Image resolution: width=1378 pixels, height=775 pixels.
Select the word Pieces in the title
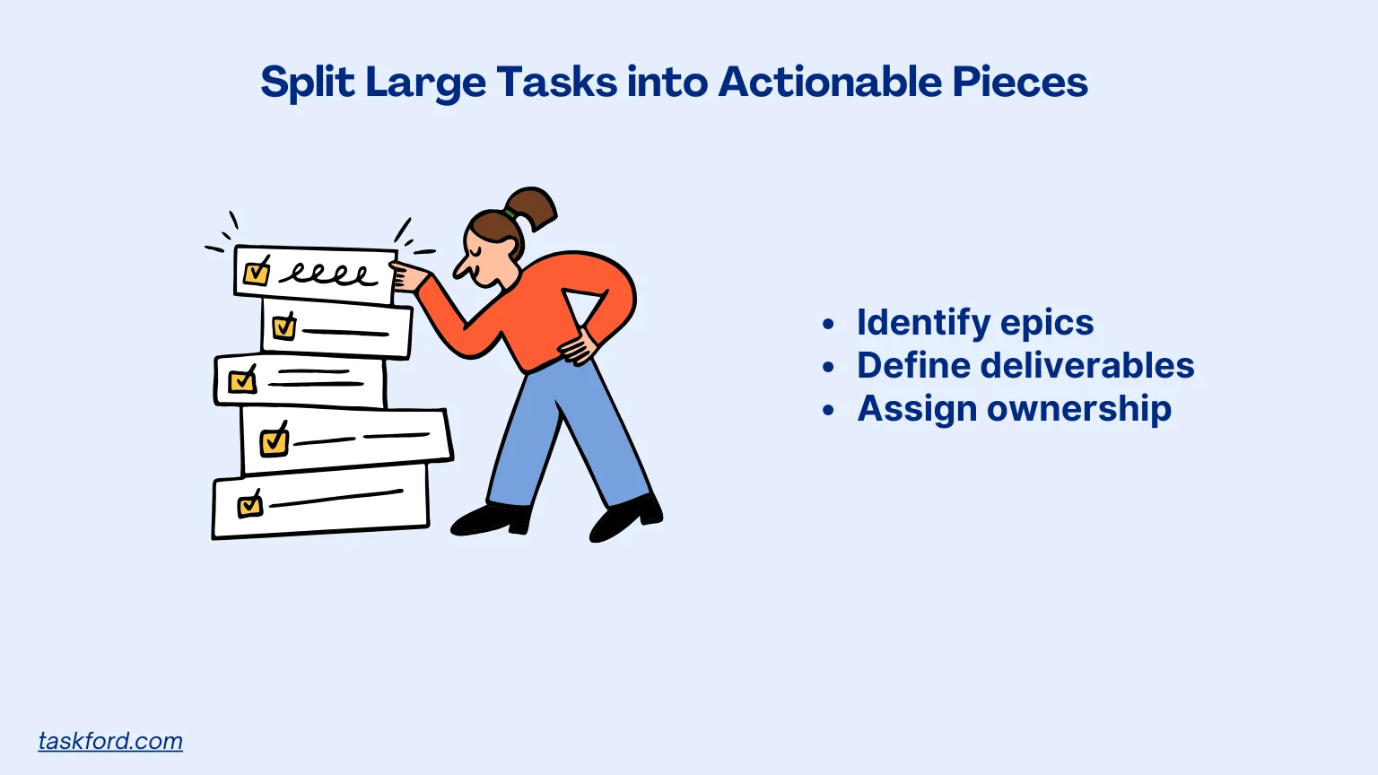coord(1020,82)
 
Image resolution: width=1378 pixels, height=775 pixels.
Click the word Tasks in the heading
coord(556,82)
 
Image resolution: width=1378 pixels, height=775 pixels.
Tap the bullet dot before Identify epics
coord(828,324)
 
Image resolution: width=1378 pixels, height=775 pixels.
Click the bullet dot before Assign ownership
coord(828,410)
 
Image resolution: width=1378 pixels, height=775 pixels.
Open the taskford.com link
coord(110,741)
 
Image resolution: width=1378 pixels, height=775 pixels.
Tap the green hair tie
coord(510,215)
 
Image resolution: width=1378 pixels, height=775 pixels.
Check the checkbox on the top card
coord(257,271)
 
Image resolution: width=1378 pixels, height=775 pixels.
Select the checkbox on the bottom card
coord(250,505)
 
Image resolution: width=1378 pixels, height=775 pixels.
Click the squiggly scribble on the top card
coord(328,273)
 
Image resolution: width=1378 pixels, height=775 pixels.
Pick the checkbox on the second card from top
coord(284,326)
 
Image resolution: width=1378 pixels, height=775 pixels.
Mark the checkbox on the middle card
coord(242,380)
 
